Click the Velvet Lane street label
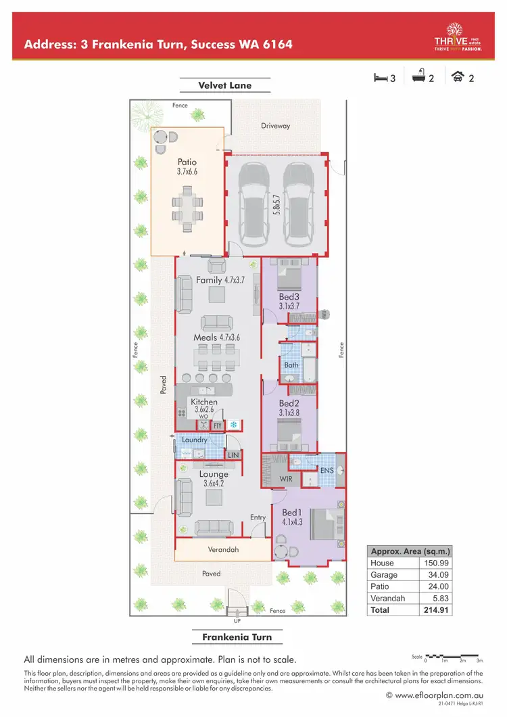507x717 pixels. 224,85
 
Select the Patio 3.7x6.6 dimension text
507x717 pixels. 187,172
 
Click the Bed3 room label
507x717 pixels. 289,296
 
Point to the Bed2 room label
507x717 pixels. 289,402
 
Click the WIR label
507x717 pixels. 286,479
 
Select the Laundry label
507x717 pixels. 194,440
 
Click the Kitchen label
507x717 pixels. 204,402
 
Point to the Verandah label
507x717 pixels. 223,549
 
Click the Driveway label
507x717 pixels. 275,126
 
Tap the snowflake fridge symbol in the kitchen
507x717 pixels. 235,425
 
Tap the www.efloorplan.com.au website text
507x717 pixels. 437,695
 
